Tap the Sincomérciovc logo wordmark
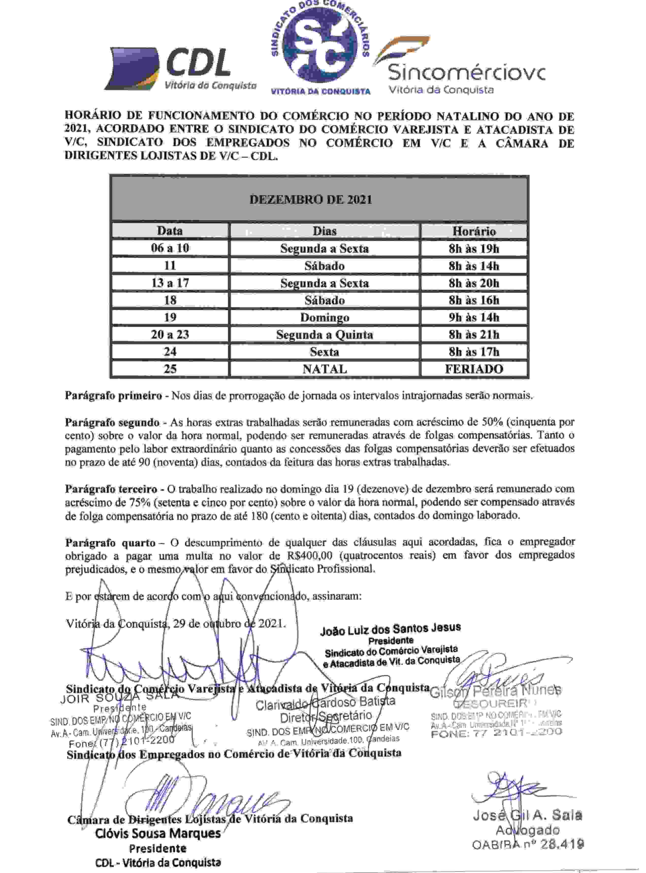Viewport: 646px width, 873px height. click(x=465, y=72)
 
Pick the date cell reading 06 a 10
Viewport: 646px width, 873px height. click(x=170, y=248)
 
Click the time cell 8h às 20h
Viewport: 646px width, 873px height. click(x=474, y=283)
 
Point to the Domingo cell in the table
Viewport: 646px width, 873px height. click(x=325, y=317)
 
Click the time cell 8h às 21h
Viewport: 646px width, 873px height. click(x=474, y=334)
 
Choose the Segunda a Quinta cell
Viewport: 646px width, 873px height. click(x=325, y=334)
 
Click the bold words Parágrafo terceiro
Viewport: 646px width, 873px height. click(x=111, y=489)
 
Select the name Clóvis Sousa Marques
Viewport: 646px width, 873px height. click(x=158, y=833)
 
